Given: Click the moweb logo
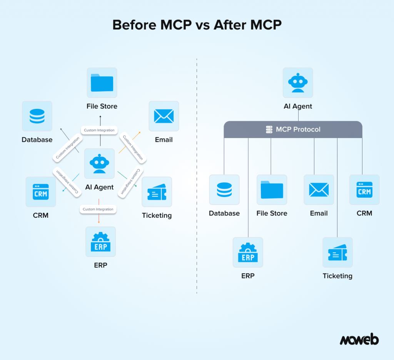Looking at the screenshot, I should click(359, 340).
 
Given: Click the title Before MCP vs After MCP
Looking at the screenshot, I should click(197, 25).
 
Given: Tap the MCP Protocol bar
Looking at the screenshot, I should click(293, 130).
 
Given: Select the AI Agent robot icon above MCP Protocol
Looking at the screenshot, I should click(298, 83).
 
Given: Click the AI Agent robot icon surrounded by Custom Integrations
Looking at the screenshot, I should click(99, 163).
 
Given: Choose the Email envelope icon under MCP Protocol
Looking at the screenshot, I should click(319, 190).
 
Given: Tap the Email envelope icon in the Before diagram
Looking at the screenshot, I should click(164, 116).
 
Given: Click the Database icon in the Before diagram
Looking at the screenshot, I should click(37, 116).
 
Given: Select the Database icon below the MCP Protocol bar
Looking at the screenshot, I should click(224, 190).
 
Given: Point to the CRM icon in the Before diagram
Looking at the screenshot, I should click(41, 192).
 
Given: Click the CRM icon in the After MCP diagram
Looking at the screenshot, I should click(364, 190).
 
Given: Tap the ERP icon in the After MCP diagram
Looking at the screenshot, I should click(248, 252).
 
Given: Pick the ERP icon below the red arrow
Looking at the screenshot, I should click(100, 242).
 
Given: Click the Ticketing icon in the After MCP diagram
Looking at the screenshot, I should click(337, 252).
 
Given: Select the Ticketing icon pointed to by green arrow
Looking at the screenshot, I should click(157, 192).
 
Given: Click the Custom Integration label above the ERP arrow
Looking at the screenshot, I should click(98, 209).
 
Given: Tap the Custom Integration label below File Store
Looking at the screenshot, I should click(99, 130).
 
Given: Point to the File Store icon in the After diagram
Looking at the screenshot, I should click(272, 190).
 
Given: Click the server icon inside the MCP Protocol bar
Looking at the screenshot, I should click(269, 130).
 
